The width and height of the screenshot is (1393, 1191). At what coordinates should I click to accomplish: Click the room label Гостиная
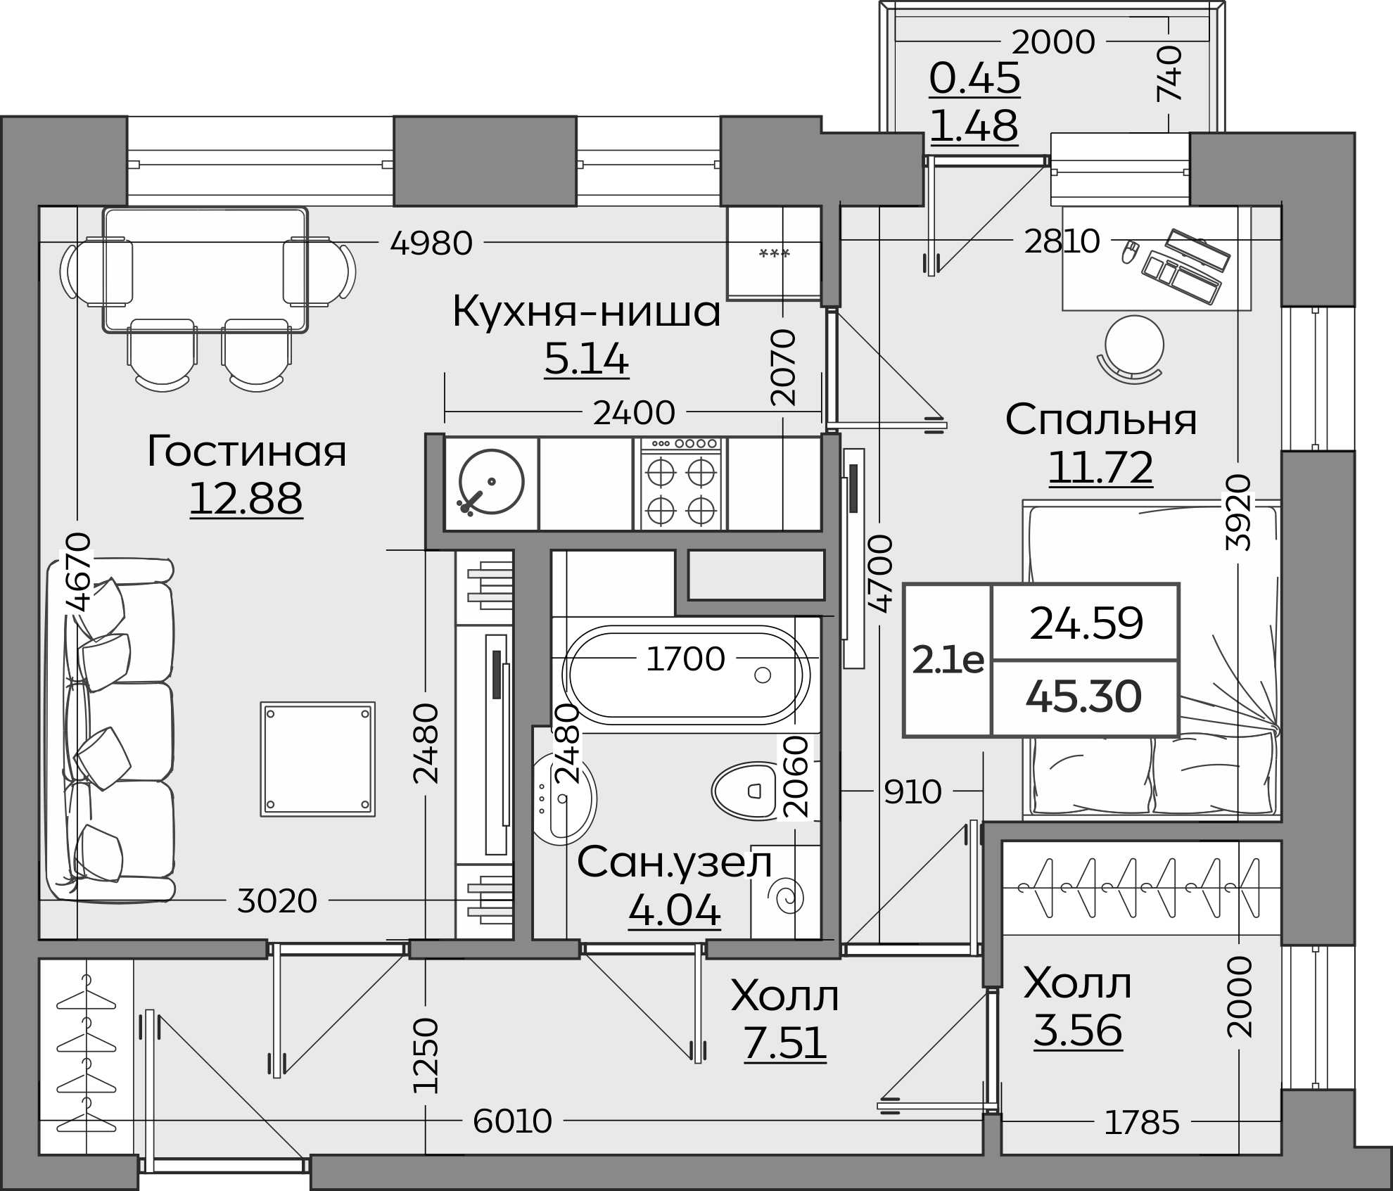coord(246,452)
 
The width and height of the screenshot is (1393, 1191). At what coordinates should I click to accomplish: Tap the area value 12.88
coord(246,499)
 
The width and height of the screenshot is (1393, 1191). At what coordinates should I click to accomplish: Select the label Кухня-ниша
coord(586,312)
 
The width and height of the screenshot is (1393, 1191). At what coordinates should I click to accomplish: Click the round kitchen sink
coord(491,482)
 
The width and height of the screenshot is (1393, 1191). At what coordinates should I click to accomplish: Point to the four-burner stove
coord(680,484)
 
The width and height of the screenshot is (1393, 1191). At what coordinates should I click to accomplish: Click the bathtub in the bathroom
coord(686,675)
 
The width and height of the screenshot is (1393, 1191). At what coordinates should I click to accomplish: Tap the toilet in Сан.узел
coord(747,791)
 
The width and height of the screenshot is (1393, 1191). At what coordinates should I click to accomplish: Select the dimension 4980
coord(431,244)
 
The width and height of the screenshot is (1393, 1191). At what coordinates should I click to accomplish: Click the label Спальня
coord(1101,420)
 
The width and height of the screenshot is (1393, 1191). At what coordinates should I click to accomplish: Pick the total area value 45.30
coord(1083,697)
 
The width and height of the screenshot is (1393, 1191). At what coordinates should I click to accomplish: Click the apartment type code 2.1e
coord(948,661)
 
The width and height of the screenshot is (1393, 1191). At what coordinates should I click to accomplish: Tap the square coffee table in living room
coord(317,759)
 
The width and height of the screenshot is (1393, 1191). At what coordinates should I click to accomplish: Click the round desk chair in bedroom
coord(1133,345)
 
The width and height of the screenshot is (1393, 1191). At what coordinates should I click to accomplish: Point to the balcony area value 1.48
coord(974,127)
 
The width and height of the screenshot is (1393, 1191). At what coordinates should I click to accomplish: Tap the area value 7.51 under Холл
coord(784,1043)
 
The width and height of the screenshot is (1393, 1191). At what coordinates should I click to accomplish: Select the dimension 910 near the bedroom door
coord(912,792)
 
